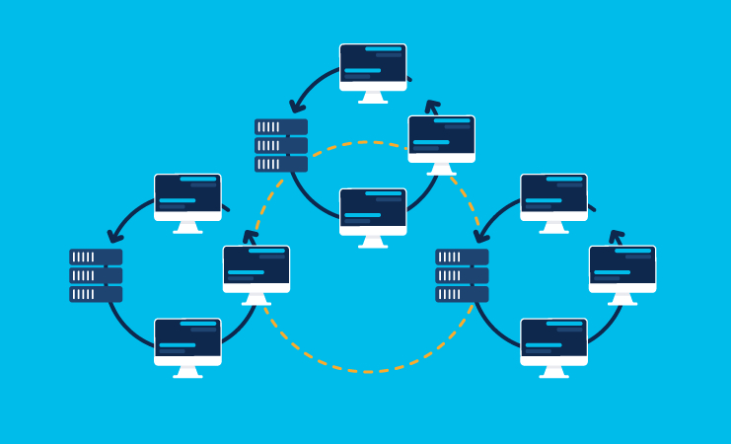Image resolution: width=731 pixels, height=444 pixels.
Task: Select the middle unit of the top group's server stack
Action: (x=281, y=145)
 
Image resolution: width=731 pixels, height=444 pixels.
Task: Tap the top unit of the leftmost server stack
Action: (x=96, y=257)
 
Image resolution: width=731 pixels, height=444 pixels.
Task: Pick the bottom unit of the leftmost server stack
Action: (x=96, y=294)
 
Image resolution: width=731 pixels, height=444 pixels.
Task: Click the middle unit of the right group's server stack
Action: (x=462, y=275)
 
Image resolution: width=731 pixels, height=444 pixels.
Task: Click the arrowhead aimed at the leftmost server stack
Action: (x=115, y=236)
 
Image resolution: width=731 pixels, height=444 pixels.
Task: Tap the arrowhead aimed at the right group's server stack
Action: (x=480, y=236)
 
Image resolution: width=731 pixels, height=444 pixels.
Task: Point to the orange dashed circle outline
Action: (x=367, y=371)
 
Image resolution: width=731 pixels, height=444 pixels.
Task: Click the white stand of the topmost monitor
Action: (x=373, y=98)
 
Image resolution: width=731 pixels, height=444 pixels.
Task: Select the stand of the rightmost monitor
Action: (x=622, y=299)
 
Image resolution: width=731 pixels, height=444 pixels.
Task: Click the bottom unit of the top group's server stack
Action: (x=281, y=164)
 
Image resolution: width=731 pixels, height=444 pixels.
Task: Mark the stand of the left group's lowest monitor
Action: (x=187, y=372)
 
